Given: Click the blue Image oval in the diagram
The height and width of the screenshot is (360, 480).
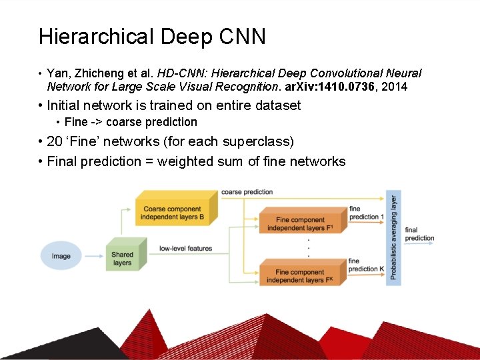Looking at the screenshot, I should [61, 256].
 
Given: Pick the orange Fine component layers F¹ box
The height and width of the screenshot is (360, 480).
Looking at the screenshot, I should [300, 223].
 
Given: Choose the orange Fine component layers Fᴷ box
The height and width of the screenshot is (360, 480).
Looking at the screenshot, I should [300, 275].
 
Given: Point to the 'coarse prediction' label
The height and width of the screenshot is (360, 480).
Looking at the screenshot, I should [247, 192].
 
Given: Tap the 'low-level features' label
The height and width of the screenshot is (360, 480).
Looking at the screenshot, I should [185, 249].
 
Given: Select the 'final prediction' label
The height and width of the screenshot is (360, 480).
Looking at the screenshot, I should [419, 234].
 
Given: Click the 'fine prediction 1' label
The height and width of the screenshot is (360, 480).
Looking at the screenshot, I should [366, 213].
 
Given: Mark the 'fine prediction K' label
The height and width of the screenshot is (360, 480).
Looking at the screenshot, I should [366, 265].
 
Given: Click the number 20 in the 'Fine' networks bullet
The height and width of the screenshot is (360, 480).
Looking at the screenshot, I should [55, 141].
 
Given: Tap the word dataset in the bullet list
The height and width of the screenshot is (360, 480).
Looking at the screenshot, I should [275, 105].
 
